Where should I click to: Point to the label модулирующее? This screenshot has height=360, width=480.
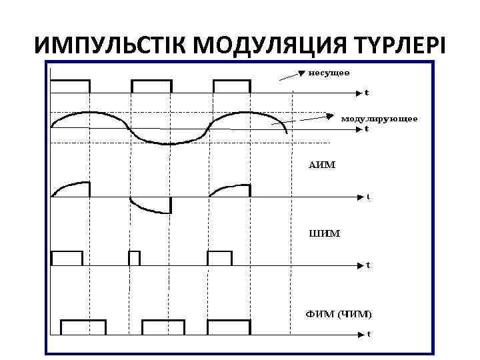click(x=379, y=118)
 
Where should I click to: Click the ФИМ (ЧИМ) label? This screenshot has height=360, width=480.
click(x=339, y=313)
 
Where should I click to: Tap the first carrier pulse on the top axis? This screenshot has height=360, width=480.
click(x=70, y=86)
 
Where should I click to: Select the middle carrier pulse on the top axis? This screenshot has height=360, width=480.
click(x=151, y=86)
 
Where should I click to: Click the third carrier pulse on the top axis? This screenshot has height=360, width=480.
click(x=232, y=86)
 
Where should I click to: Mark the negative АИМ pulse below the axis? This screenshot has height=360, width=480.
click(x=151, y=205)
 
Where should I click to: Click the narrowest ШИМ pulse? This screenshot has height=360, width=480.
click(x=134, y=258)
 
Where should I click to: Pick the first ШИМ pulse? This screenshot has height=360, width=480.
click(x=67, y=258)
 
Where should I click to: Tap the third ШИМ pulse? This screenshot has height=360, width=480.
click(x=219, y=258)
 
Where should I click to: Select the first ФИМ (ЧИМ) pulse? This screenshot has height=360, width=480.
click(x=83, y=327)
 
